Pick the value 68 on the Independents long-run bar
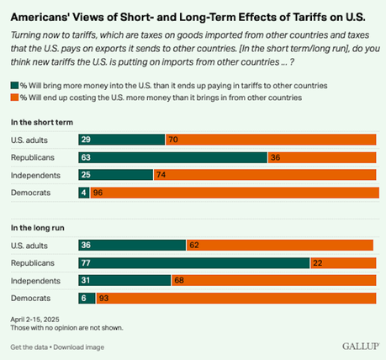tap(179, 280)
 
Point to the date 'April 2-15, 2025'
tap(35, 320)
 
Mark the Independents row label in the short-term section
tap(34, 174)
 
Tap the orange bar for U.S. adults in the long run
tap(278, 245)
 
